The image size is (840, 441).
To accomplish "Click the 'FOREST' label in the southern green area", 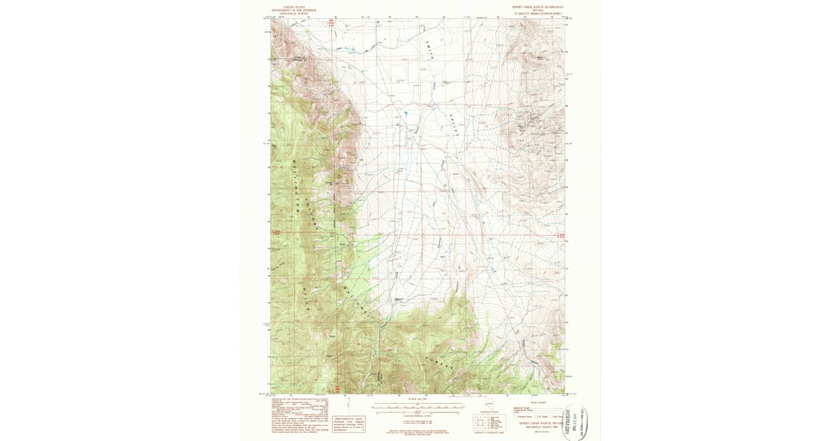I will pos(437,364).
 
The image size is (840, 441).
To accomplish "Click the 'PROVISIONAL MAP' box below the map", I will pos(349,408).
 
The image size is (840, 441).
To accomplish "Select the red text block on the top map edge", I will pos(332,22).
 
